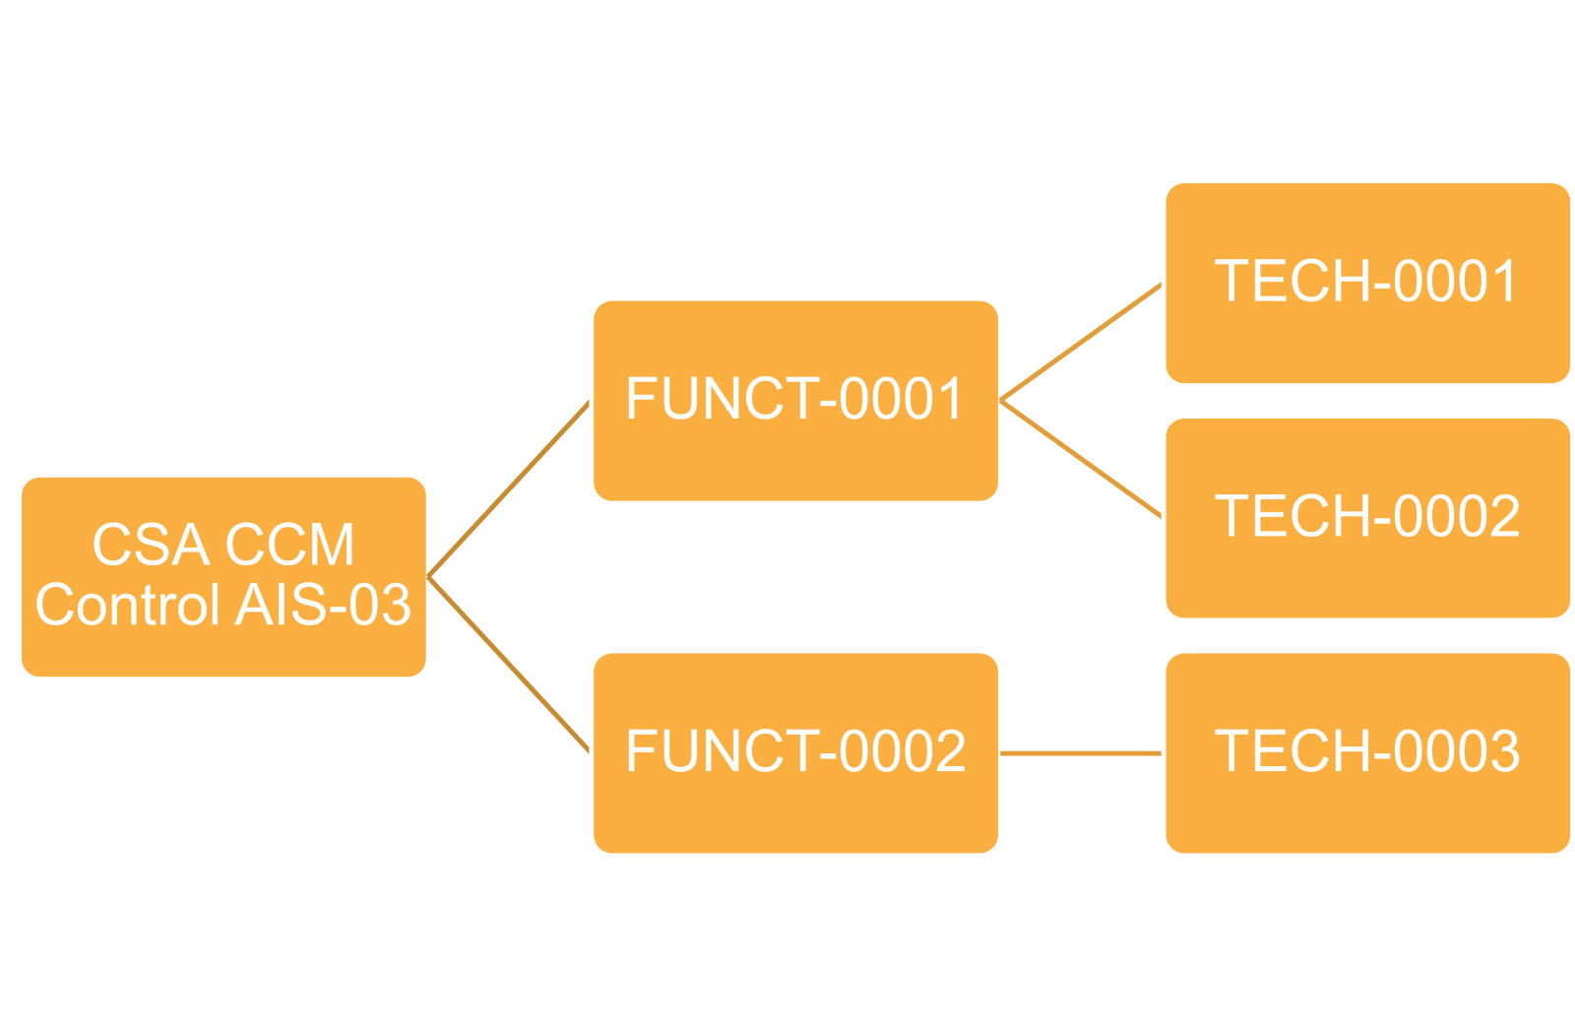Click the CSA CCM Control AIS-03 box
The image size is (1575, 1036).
click(223, 577)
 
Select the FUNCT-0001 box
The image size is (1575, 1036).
click(796, 401)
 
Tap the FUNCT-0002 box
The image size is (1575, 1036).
click(796, 753)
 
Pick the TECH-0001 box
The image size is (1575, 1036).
click(1368, 284)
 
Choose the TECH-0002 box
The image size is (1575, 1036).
click(1368, 518)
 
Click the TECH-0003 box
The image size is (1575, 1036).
click(1368, 753)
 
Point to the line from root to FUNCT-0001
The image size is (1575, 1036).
click(508, 488)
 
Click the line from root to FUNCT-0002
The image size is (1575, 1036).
click(508, 666)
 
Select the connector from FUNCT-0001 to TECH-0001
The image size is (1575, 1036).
click(1081, 342)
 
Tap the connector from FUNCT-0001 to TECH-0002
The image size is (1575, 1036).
click(1081, 459)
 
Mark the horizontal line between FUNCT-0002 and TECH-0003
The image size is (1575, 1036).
click(1081, 753)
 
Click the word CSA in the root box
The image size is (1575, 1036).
click(152, 545)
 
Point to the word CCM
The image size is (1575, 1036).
click(289, 545)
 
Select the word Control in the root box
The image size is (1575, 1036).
click(128, 604)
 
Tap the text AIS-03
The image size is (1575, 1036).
click(324, 604)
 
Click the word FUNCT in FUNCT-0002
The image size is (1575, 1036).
click(721, 751)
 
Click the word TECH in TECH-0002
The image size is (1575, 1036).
click(1292, 516)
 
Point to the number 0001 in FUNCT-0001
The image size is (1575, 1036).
click(901, 399)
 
